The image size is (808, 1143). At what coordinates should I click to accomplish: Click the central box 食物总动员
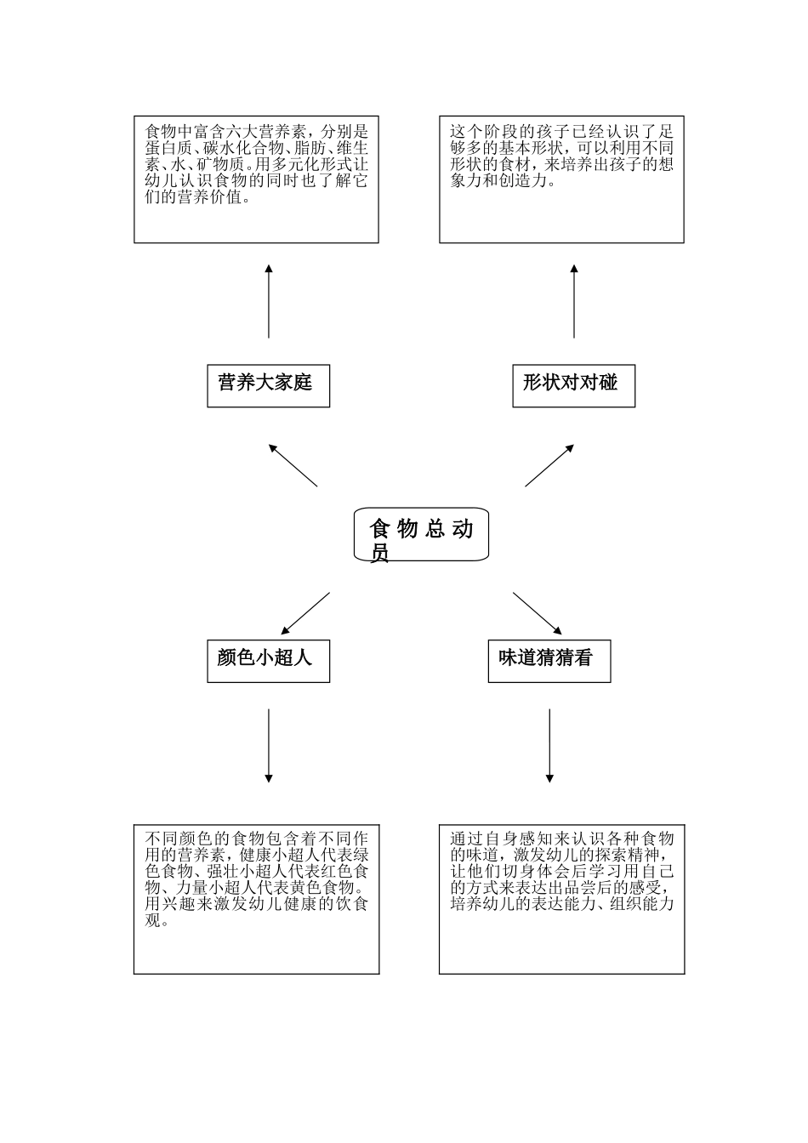[421, 535]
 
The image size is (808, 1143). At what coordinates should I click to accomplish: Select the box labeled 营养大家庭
[268, 385]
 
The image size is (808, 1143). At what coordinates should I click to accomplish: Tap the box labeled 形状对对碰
[573, 385]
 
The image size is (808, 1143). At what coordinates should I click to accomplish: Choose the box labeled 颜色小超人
[268, 661]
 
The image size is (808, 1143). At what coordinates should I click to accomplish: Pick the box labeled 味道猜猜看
[549, 661]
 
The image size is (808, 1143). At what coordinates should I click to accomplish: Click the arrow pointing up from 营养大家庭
[269, 302]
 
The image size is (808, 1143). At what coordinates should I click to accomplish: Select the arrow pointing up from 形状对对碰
[574, 302]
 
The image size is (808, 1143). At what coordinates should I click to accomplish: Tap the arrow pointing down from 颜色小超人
[269, 745]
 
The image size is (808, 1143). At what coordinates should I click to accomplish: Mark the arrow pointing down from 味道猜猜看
[549, 745]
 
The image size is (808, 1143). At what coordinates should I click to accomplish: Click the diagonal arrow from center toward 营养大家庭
[293, 464]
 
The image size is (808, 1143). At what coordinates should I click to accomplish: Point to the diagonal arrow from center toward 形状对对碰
[549, 464]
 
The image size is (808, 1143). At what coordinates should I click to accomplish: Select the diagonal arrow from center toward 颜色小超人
[305, 613]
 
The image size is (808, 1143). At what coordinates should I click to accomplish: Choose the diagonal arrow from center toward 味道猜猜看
[537, 613]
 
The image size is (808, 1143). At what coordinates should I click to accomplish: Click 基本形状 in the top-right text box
[532, 149]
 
